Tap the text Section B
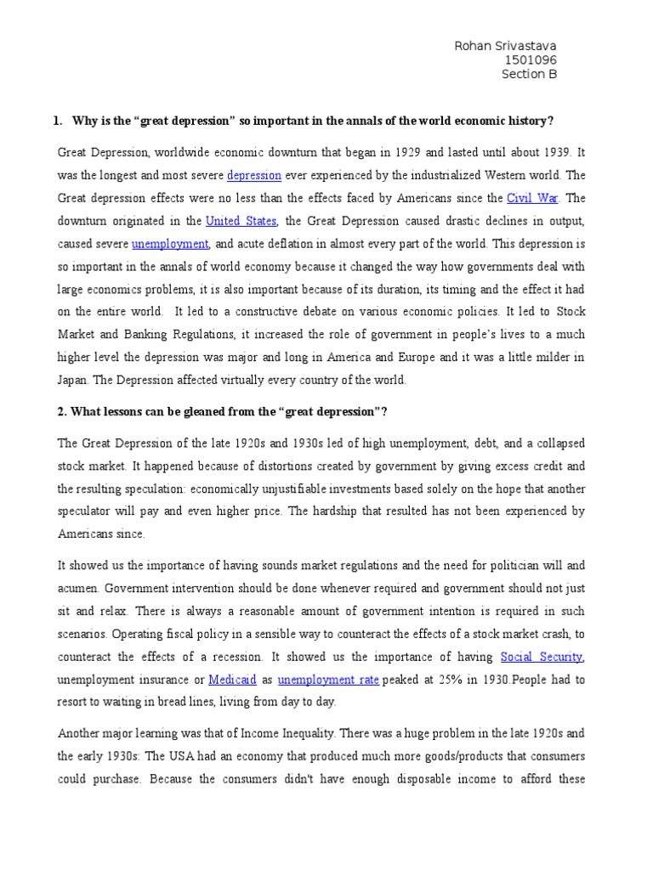tap(529, 74)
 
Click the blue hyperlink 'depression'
tap(254, 176)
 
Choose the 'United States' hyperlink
tap(241, 221)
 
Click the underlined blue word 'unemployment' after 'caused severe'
tap(170, 244)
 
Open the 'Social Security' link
tap(542, 657)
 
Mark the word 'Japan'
tap(74, 381)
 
